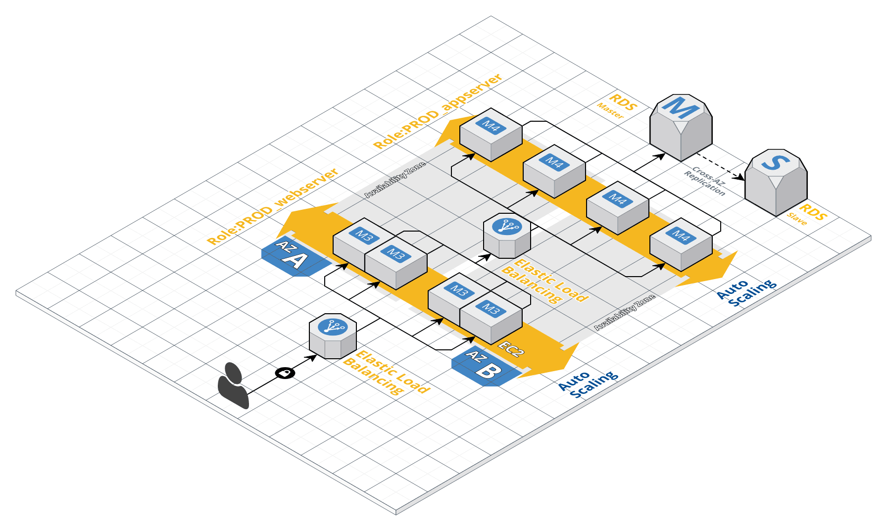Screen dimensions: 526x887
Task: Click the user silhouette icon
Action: click(x=233, y=386)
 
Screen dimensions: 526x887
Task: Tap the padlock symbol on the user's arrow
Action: click(x=285, y=373)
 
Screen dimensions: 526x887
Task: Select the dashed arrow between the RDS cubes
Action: click(x=728, y=168)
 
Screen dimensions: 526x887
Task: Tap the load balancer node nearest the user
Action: click(x=333, y=336)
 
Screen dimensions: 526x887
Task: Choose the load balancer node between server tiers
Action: click(x=507, y=236)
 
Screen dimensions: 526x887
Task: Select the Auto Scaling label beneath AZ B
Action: click(x=588, y=383)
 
